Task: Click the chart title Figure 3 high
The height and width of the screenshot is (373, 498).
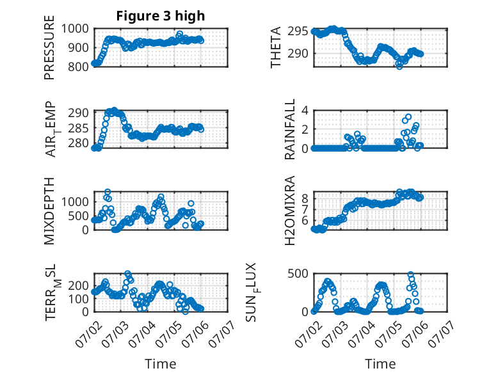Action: [x=161, y=16]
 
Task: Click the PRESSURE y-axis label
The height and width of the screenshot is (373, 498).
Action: [x=49, y=47]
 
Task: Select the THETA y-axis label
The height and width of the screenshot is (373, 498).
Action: [x=276, y=47]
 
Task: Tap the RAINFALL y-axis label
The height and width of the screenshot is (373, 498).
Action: [x=290, y=129]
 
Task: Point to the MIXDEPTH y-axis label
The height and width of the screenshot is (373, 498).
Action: [x=49, y=210]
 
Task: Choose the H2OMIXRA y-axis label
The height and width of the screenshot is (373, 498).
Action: [x=290, y=210]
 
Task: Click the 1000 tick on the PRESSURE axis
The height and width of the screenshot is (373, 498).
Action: [x=75, y=29]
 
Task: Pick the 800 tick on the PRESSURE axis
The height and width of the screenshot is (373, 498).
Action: [x=78, y=67]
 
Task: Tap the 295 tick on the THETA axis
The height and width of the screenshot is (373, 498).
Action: [x=298, y=31]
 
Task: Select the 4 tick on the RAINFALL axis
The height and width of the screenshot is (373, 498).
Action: [x=305, y=111]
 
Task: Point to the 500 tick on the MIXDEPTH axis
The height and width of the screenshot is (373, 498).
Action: [x=78, y=216]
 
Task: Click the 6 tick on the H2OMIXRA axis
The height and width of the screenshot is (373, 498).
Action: [x=305, y=220]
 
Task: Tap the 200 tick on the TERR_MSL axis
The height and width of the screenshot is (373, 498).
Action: [x=78, y=285]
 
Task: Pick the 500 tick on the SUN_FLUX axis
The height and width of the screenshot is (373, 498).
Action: [x=298, y=274]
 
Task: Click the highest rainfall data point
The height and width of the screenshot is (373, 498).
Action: [x=408, y=117]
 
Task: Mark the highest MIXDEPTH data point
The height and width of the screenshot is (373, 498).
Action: [x=108, y=192]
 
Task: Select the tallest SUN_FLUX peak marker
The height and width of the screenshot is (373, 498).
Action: [x=410, y=274]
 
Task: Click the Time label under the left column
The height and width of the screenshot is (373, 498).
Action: [x=161, y=363]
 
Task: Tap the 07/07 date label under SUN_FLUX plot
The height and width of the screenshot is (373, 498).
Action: [x=440, y=333]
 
